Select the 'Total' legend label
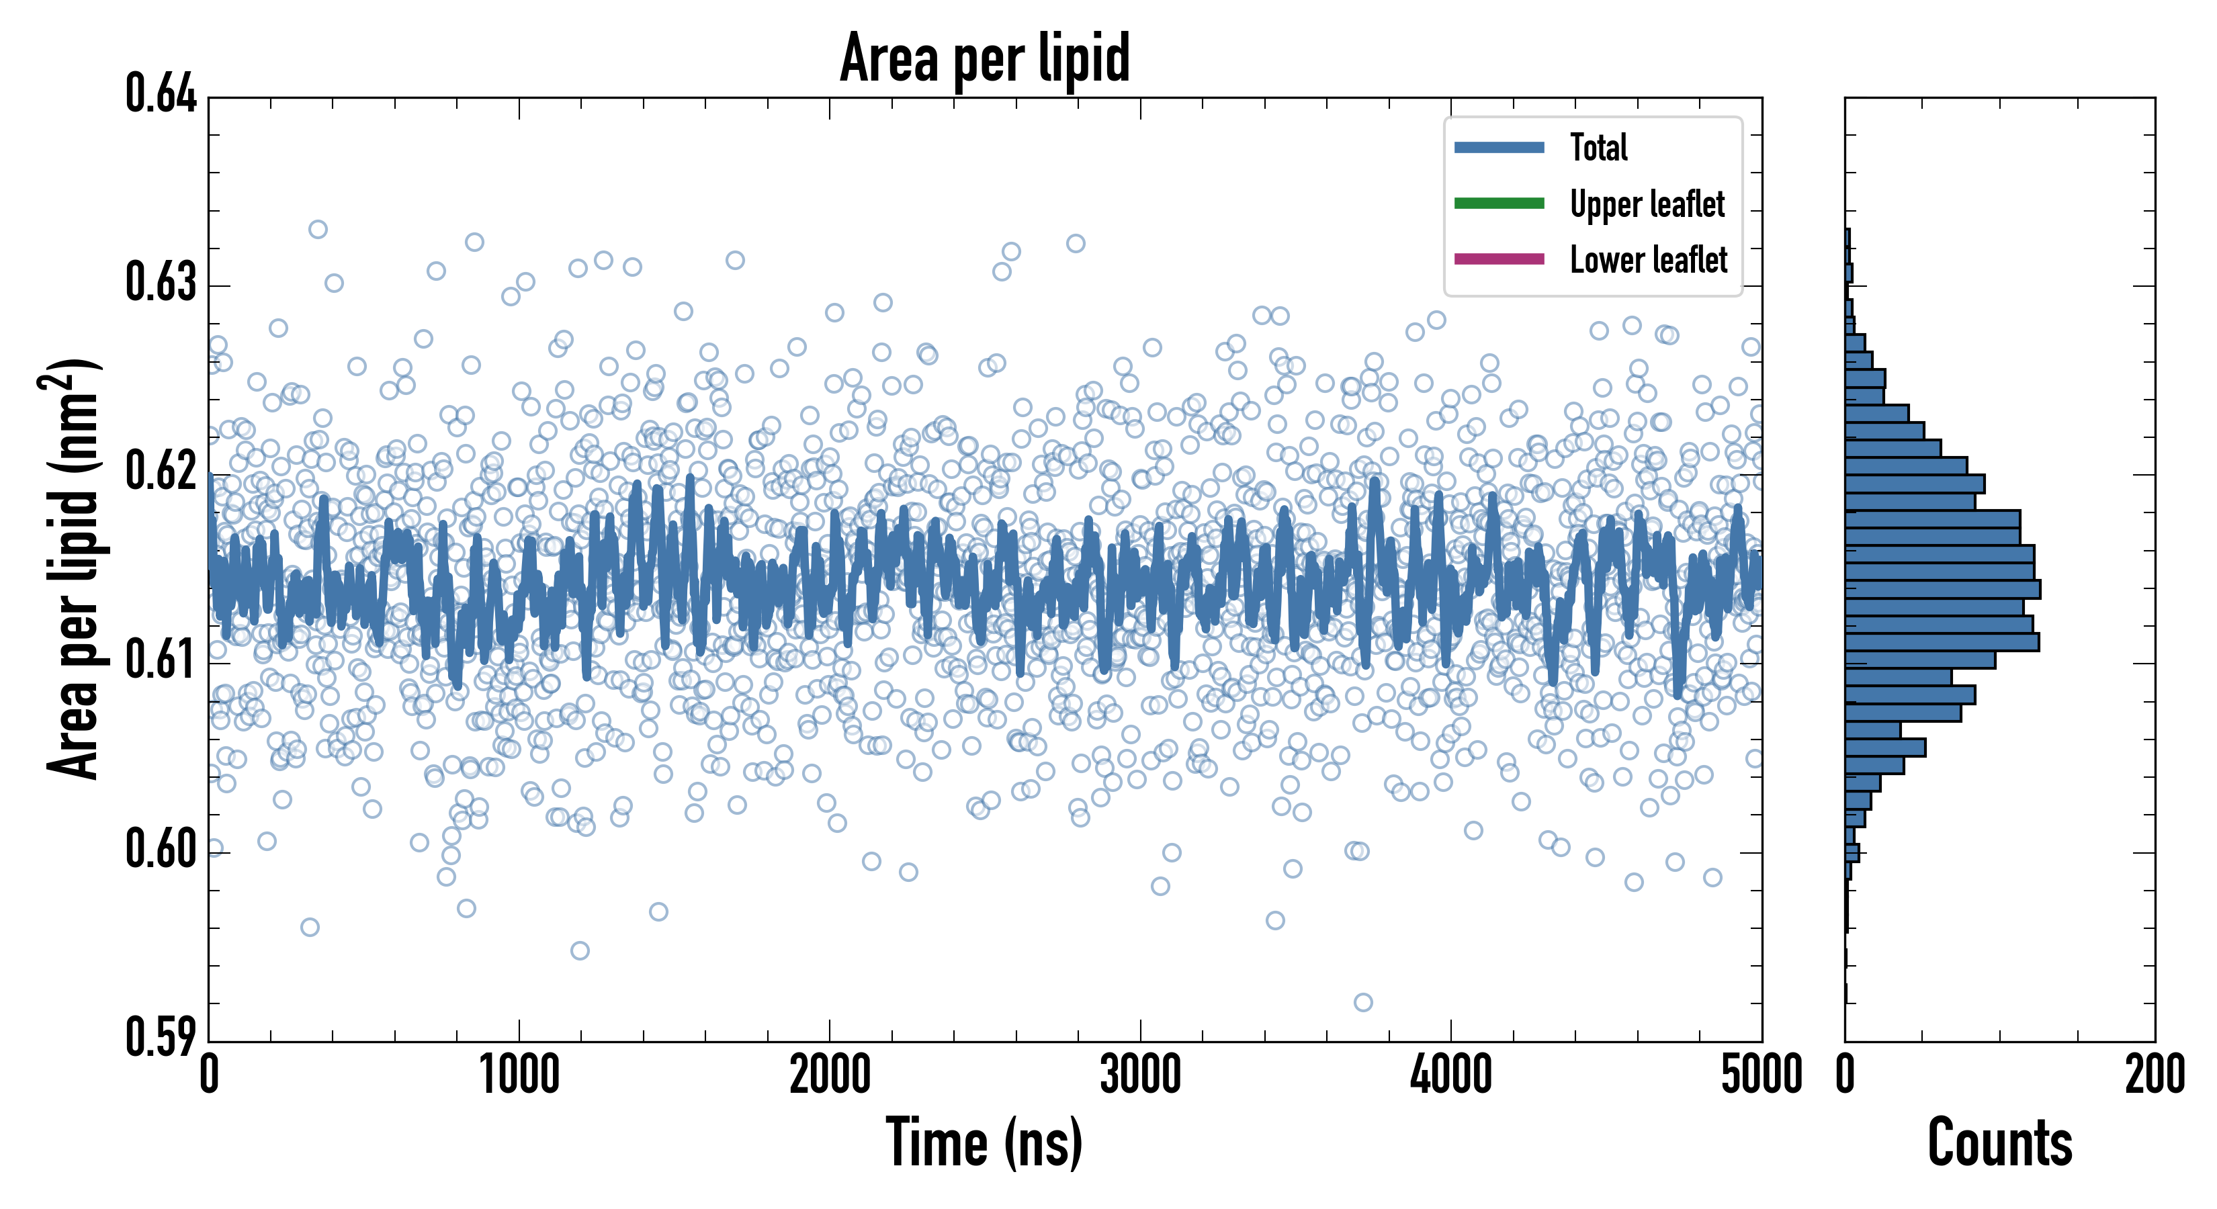pyautogui.click(x=1598, y=147)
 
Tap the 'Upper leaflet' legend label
pyautogui.click(x=1647, y=204)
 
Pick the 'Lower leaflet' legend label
pyautogui.click(x=1648, y=259)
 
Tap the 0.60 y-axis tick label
pyautogui.click(x=161, y=849)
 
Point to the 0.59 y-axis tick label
pyautogui.click(x=161, y=1037)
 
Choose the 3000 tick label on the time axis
pyautogui.click(x=1140, y=1075)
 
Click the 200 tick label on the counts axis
pyautogui.click(x=2154, y=1075)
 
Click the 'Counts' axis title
pyautogui.click(x=1999, y=1143)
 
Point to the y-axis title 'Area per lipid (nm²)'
pyautogui.click(x=73, y=568)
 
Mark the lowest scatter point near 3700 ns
pyautogui.click(x=1363, y=1001)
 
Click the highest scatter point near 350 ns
pyautogui.click(x=318, y=229)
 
